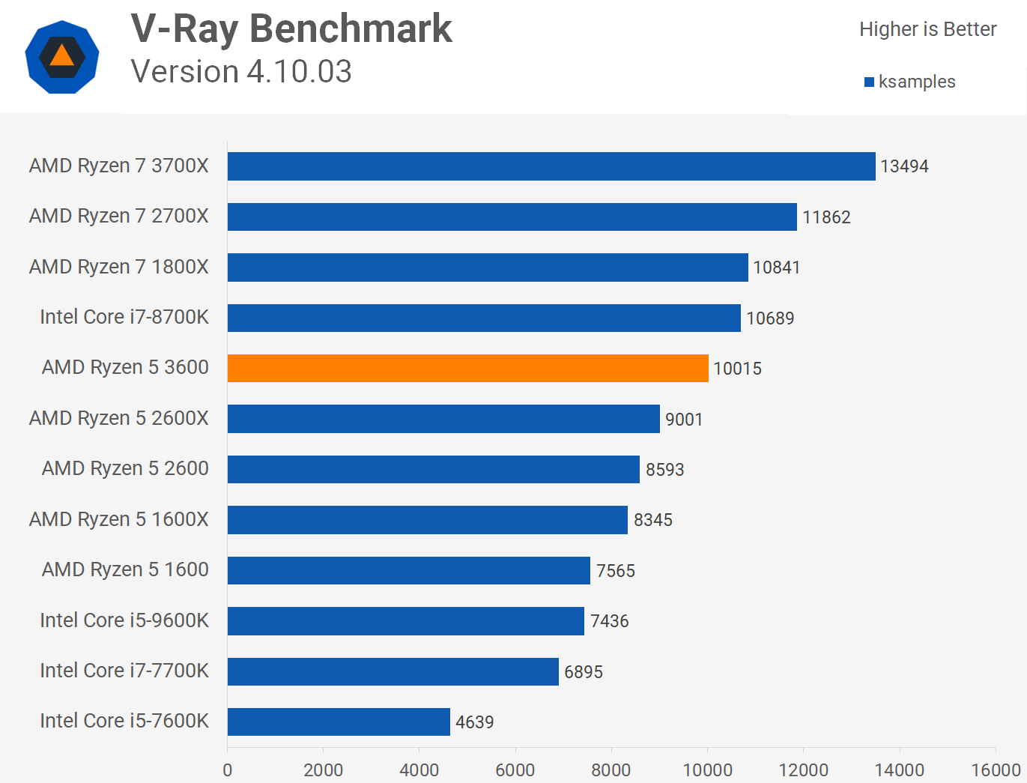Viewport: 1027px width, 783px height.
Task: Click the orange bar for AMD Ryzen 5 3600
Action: click(x=467, y=368)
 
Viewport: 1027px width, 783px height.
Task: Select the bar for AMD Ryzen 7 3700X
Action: click(x=551, y=166)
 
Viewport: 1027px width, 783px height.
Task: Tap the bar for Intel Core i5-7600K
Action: click(x=339, y=722)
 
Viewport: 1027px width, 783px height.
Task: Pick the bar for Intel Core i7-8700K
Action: click(x=484, y=318)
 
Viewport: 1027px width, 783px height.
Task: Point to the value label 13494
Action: click(x=904, y=166)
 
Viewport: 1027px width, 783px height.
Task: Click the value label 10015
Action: click(x=737, y=369)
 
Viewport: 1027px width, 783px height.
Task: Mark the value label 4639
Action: click(x=475, y=722)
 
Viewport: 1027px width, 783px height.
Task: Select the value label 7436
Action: click(x=609, y=621)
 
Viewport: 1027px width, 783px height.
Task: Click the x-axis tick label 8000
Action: click(x=611, y=770)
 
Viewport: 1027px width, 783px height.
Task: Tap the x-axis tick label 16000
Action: click(x=996, y=770)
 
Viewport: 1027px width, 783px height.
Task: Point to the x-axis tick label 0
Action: click(x=228, y=770)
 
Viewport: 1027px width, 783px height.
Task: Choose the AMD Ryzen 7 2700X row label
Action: click(x=119, y=216)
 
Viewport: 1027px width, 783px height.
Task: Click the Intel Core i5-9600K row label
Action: click(x=124, y=620)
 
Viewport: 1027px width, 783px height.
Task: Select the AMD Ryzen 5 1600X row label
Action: click(x=119, y=519)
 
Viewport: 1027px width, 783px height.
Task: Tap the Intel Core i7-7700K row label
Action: click(x=124, y=671)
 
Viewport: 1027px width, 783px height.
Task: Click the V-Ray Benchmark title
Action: click(x=291, y=29)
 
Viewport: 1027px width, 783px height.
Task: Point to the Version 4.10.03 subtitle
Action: click(x=241, y=72)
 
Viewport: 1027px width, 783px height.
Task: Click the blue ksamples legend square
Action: click(x=869, y=82)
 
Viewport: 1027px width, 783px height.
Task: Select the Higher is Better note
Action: click(x=927, y=29)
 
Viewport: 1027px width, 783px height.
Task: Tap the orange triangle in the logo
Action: click(x=62, y=56)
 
